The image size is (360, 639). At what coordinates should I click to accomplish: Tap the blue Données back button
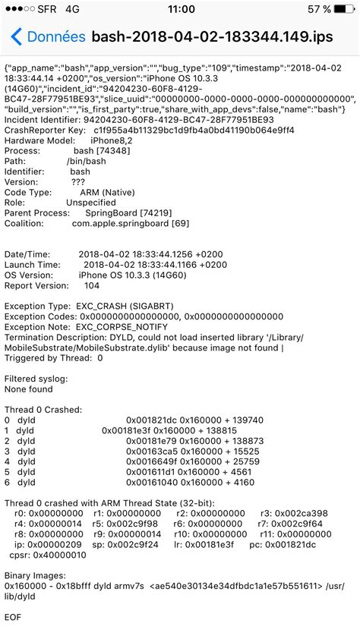47,36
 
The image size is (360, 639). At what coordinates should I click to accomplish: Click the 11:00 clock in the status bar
179,9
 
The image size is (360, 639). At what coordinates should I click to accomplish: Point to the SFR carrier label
46,9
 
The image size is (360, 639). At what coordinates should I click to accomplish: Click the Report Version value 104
92,286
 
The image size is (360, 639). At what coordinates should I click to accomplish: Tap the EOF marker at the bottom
13,617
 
